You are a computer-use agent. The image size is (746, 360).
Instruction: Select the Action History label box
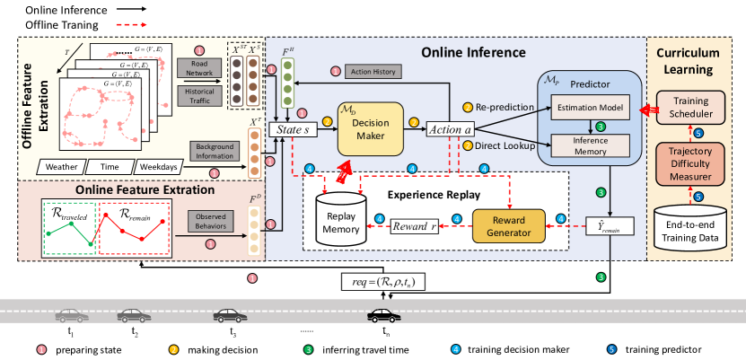[x=373, y=71]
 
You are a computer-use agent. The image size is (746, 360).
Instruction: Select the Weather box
[x=66, y=167]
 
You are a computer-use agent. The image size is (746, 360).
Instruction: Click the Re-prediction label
[x=504, y=106]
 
